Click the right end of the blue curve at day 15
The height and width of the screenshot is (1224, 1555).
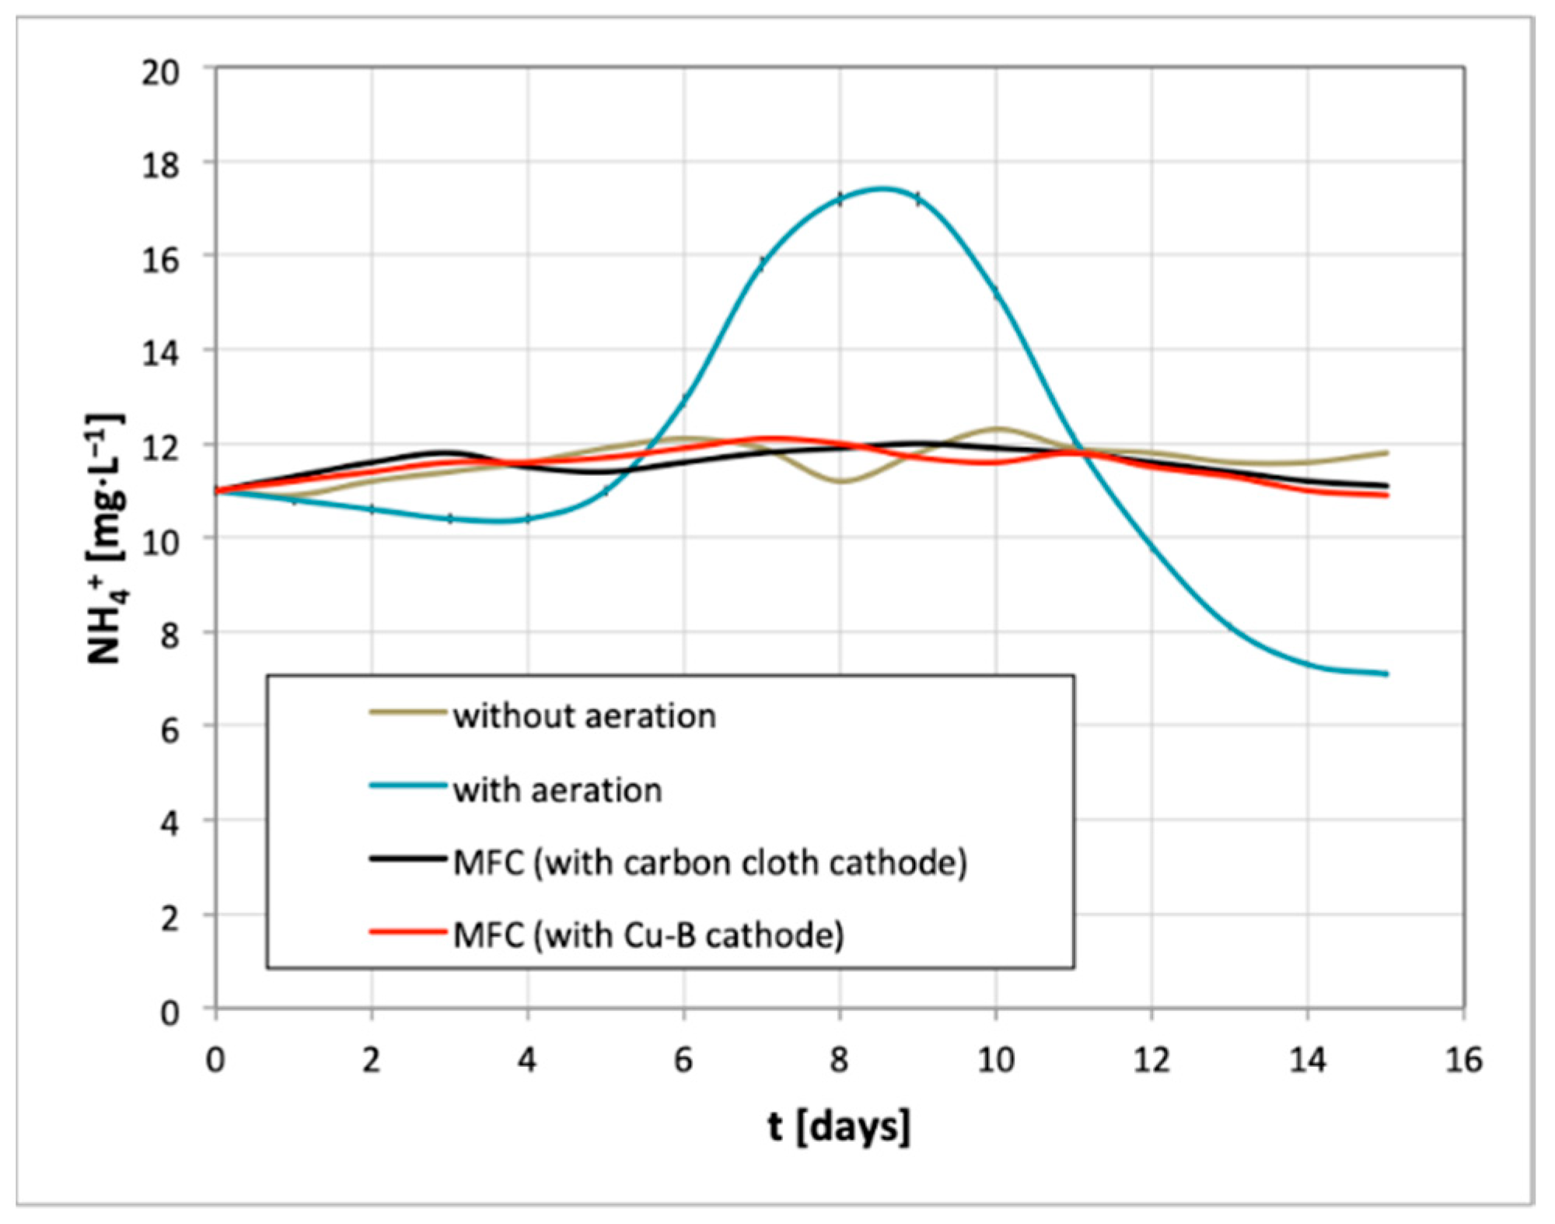(x=1386, y=673)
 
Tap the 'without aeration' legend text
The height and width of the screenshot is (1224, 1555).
(x=584, y=716)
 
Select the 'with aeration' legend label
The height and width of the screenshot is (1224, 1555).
(x=557, y=790)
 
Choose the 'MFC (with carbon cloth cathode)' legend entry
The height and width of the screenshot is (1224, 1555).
(x=710, y=862)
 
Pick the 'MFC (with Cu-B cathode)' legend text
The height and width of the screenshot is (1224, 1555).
(x=648, y=935)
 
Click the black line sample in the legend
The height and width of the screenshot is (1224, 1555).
(x=408, y=859)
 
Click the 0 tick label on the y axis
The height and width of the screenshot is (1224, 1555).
(x=169, y=1013)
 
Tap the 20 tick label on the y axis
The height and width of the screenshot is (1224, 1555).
(x=160, y=72)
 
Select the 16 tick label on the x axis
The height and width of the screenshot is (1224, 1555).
(x=1463, y=1060)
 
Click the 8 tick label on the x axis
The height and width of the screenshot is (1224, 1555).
(x=839, y=1060)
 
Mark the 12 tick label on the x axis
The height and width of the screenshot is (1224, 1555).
(x=1151, y=1060)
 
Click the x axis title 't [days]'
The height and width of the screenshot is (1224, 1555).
(x=839, y=1127)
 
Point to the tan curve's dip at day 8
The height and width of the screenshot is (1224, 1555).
(x=840, y=481)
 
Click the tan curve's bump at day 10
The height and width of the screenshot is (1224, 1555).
(x=997, y=428)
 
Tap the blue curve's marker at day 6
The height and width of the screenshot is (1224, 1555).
(x=684, y=399)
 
